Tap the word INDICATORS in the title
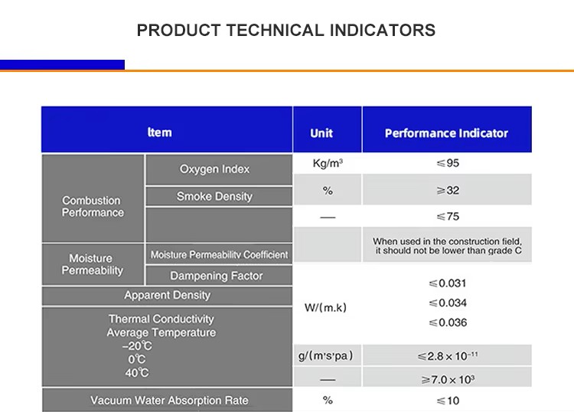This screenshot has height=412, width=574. (383, 31)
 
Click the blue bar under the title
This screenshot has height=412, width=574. (62, 65)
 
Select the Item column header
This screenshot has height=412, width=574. (159, 132)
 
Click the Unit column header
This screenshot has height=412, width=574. (321, 133)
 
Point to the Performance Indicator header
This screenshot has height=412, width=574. (446, 133)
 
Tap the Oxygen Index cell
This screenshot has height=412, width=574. (214, 169)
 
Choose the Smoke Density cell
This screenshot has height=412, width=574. (214, 197)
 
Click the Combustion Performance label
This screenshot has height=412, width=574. (92, 207)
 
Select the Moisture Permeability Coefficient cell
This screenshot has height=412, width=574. (219, 255)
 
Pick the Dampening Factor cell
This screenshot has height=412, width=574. (216, 276)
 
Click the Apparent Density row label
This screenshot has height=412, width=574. (167, 296)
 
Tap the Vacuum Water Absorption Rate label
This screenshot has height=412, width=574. (169, 401)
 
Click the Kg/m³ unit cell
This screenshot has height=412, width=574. (327, 164)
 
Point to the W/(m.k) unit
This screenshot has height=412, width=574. (326, 308)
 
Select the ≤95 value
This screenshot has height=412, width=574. (447, 163)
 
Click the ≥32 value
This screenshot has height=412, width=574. (447, 190)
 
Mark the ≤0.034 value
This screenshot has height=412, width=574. (448, 303)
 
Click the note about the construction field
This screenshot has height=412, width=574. (448, 247)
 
